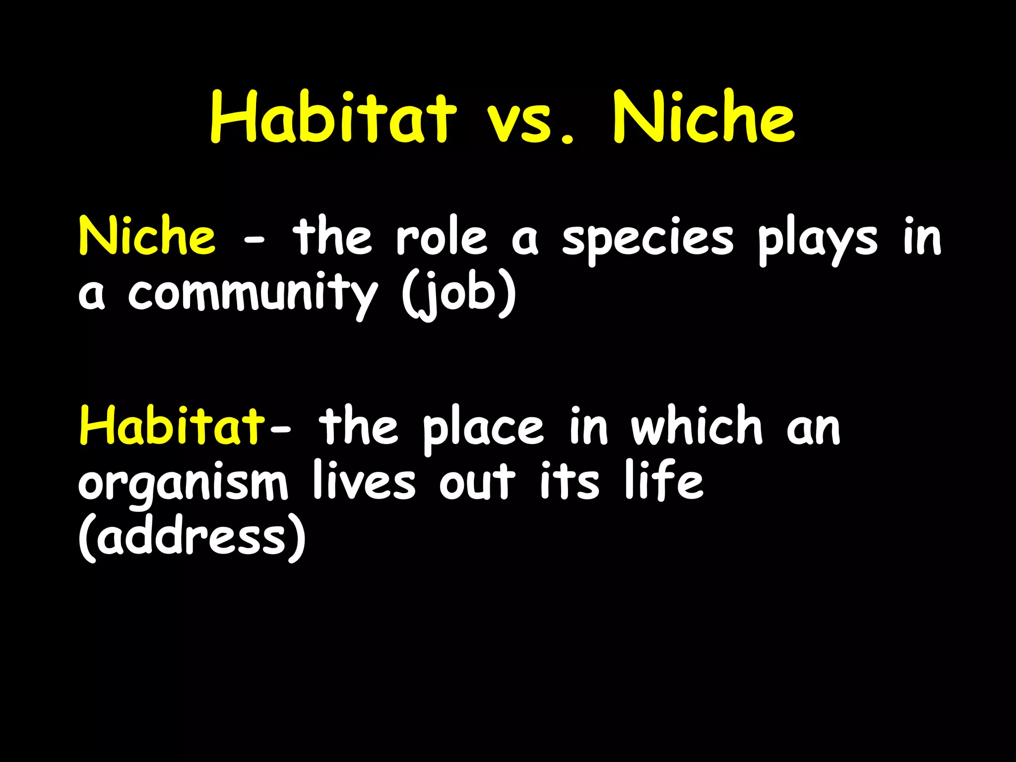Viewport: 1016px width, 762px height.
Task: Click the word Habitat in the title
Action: [333, 118]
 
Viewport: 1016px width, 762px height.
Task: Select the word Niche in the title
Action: [704, 118]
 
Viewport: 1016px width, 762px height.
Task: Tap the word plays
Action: [818, 241]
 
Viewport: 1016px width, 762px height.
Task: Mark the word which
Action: [697, 426]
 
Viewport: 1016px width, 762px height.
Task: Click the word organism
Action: [183, 484]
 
